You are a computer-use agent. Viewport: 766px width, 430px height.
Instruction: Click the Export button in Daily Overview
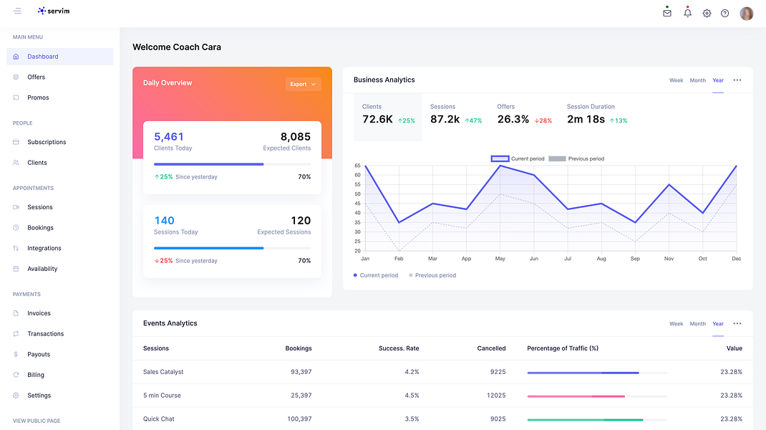click(304, 84)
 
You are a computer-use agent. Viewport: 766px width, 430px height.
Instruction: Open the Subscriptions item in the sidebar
click(47, 142)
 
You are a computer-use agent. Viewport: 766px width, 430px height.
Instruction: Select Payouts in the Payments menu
click(39, 354)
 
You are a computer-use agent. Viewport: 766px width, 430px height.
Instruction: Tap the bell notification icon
click(687, 13)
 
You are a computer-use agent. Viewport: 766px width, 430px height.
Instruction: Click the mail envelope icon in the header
click(666, 13)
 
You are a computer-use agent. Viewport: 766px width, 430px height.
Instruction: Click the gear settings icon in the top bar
click(707, 13)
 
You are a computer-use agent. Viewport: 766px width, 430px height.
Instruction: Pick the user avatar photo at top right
click(747, 13)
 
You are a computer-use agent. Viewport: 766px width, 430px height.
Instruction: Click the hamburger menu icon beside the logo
click(17, 11)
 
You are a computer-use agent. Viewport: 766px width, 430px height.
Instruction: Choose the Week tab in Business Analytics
click(676, 80)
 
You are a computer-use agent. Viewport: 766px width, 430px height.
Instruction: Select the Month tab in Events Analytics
click(697, 324)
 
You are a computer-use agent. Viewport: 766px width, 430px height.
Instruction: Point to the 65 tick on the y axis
click(358, 166)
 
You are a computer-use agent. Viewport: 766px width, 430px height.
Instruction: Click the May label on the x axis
click(500, 258)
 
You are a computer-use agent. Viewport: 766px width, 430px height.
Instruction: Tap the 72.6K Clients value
click(377, 120)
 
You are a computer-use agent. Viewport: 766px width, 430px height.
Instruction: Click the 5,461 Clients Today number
click(168, 136)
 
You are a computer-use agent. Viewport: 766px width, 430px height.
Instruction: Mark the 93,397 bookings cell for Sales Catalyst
click(301, 372)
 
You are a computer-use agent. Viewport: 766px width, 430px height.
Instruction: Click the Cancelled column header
click(491, 348)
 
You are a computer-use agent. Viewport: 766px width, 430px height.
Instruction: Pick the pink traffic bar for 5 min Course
click(576, 396)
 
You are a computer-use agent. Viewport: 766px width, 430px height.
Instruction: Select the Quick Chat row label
click(159, 419)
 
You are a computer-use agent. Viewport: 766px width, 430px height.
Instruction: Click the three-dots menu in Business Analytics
click(737, 80)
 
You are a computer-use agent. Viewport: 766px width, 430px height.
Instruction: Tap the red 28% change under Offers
click(543, 120)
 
